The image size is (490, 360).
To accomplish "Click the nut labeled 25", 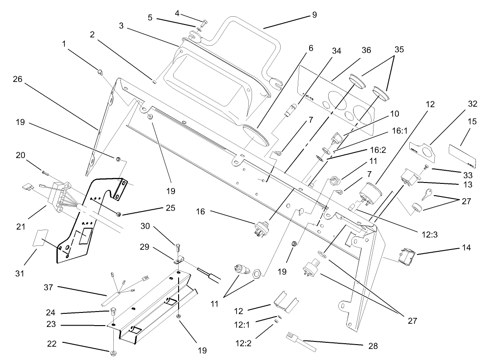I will (x=118, y=213).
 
